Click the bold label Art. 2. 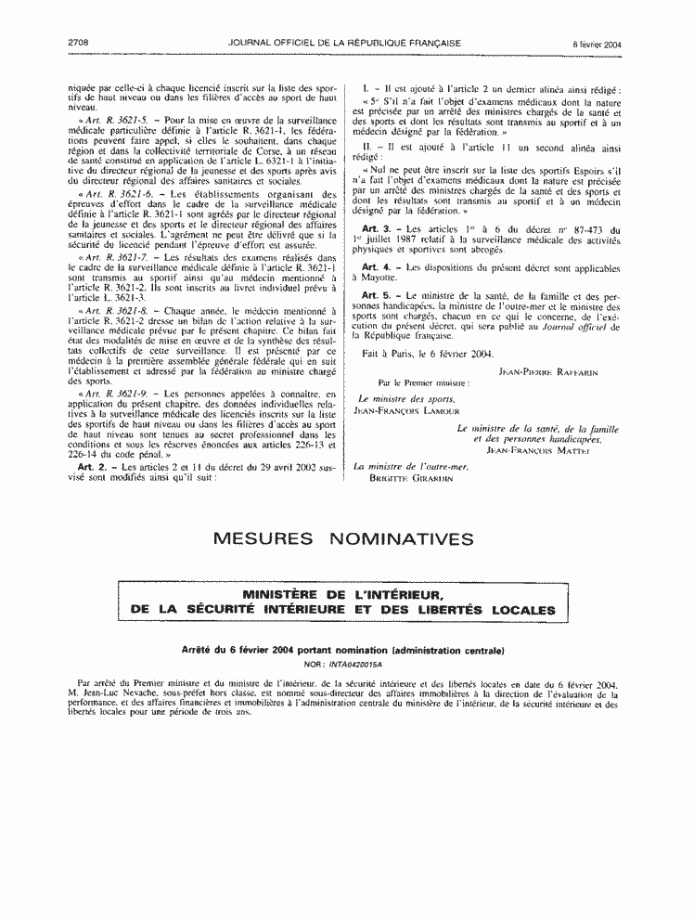point(90,467)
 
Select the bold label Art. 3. point(377,229)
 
